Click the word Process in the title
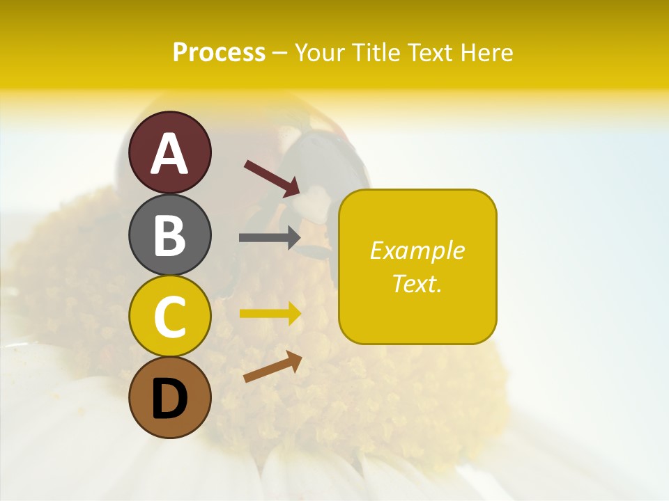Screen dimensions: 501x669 point(219,53)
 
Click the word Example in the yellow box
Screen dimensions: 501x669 point(417,250)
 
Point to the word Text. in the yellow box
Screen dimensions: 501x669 point(417,283)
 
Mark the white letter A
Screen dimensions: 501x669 point(169,154)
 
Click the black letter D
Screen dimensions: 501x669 point(169,400)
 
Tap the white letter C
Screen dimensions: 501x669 point(169,317)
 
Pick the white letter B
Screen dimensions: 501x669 point(169,235)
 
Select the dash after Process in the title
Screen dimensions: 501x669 point(279,54)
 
